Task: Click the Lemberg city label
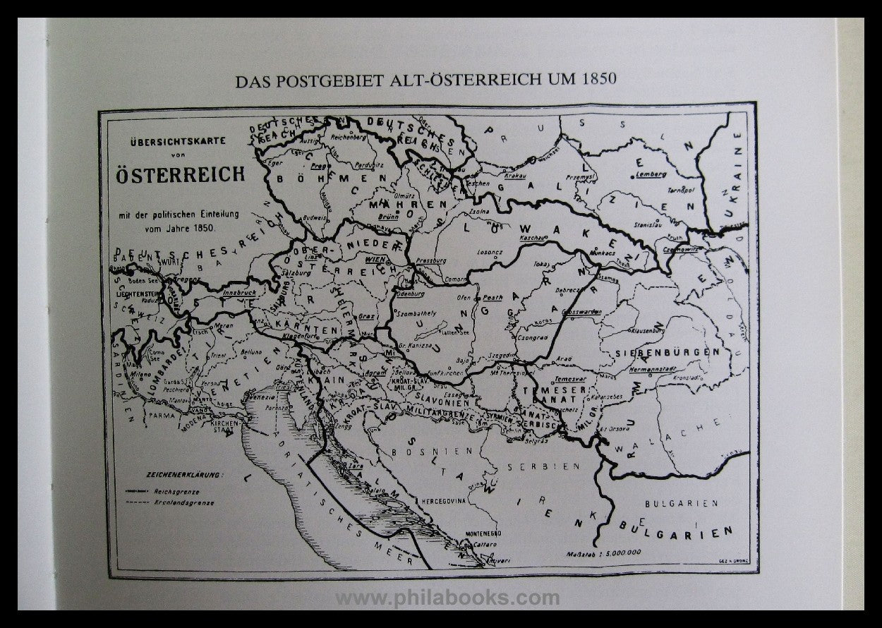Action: click(x=650, y=173)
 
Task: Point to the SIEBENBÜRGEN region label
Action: click(x=667, y=351)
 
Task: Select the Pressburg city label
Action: click(x=432, y=260)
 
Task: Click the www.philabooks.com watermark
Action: click(x=447, y=599)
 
